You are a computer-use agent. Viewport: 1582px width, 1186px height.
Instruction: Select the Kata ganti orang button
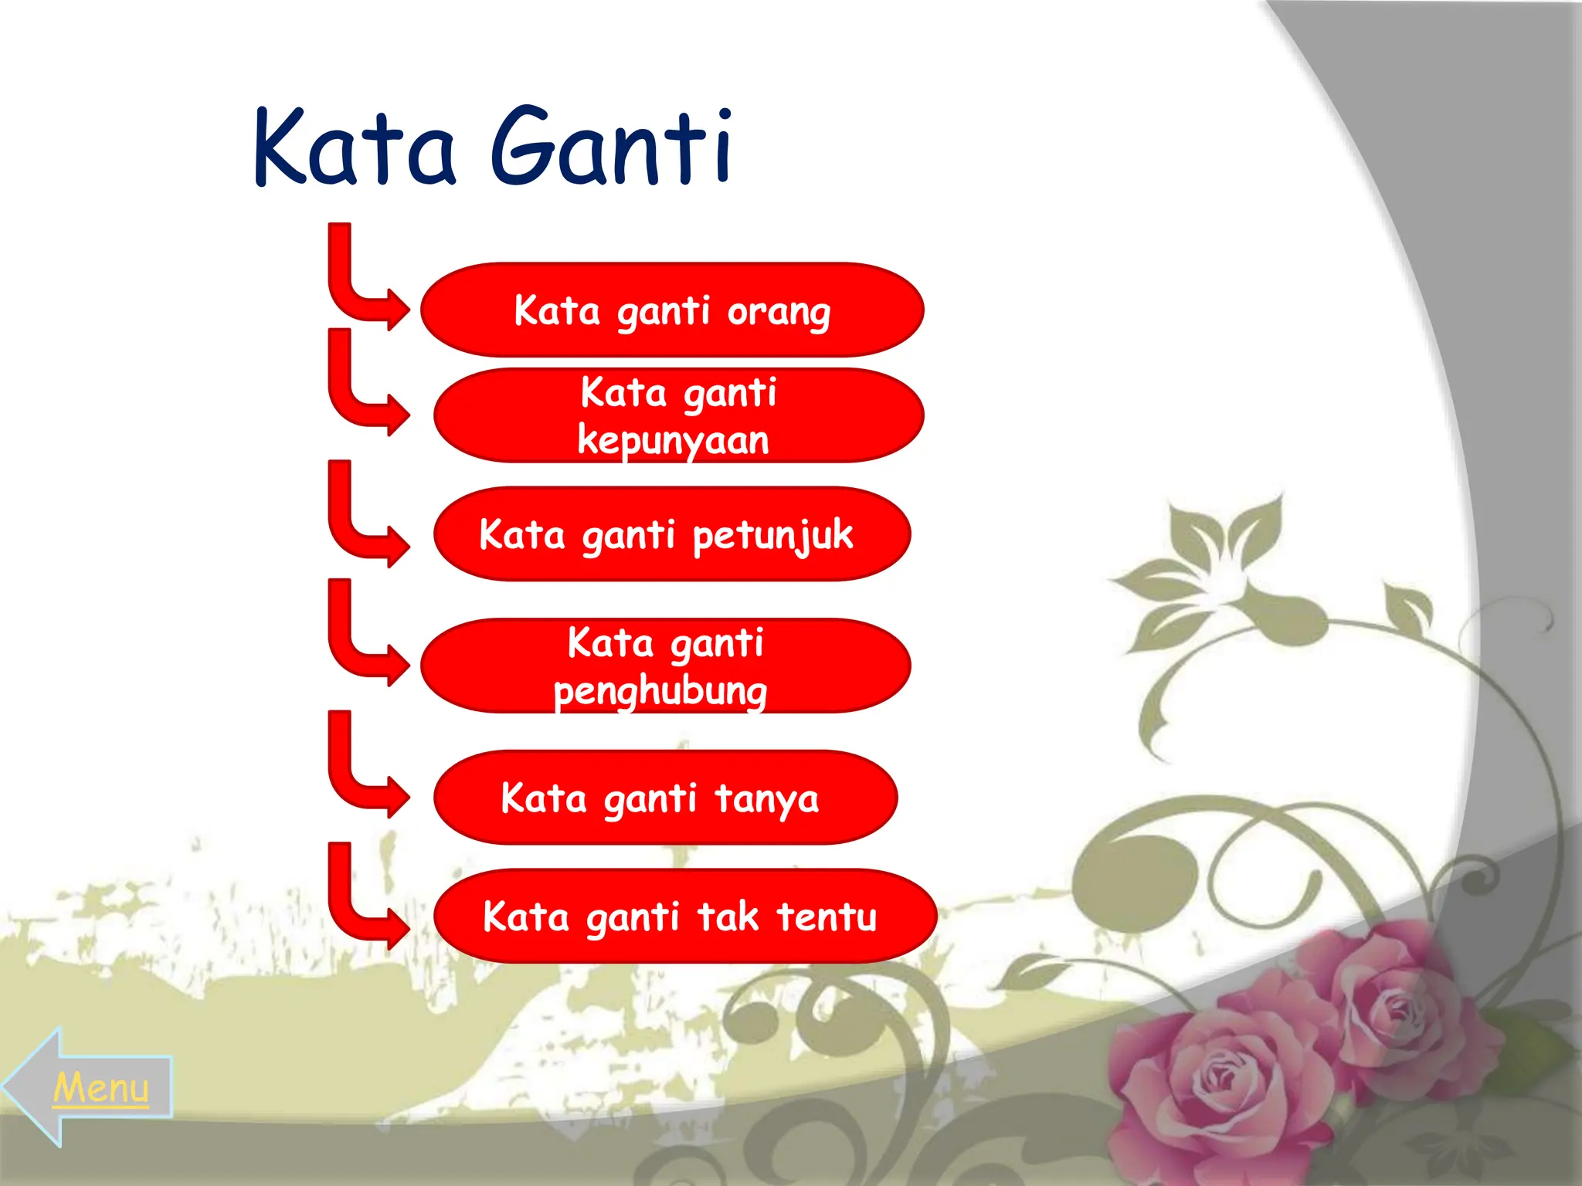click(x=672, y=310)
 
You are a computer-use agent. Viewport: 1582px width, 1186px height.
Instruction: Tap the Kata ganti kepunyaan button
click(x=678, y=415)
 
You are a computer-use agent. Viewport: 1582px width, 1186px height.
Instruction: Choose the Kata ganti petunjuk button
click(x=672, y=534)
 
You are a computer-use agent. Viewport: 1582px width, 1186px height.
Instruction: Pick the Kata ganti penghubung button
click(x=666, y=665)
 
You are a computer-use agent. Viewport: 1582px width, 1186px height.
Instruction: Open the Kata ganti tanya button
click(x=665, y=797)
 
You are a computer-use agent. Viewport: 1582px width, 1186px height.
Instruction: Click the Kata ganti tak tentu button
click(x=685, y=916)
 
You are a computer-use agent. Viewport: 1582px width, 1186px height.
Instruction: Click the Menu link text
click(x=101, y=1088)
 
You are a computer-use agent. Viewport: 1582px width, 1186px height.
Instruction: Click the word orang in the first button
click(x=779, y=313)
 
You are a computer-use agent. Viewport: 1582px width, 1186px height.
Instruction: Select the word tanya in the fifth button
click(x=766, y=799)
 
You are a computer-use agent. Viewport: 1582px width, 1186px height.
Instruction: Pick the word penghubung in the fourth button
click(x=660, y=691)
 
